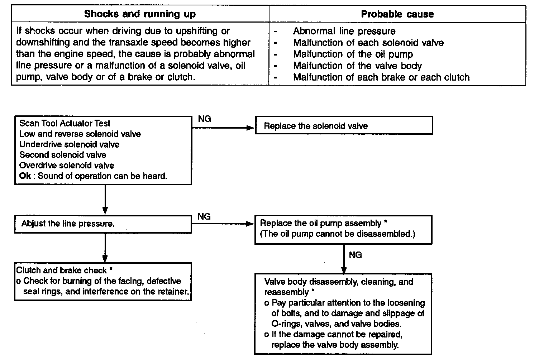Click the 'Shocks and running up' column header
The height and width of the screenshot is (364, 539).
point(140,14)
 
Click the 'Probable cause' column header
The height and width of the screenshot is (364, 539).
point(397,14)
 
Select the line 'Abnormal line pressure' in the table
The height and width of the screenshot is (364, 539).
point(344,31)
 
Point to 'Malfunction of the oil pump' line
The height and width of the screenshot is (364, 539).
point(353,54)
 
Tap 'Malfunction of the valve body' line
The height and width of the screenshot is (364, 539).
point(357,66)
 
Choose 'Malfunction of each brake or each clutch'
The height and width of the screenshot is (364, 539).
point(381,77)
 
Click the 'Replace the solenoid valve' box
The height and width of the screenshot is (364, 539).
point(344,126)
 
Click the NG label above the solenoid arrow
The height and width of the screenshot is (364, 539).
point(204,119)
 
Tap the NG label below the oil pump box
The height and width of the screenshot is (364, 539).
point(355,255)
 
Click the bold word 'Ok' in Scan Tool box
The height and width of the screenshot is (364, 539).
point(25,176)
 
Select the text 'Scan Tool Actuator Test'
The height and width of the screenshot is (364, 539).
point(65,124)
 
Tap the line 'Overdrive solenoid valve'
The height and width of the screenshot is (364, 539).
point(67,166)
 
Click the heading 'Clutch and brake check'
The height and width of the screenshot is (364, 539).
point(62,270)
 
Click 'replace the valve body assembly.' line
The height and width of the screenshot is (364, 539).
point(335,345)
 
